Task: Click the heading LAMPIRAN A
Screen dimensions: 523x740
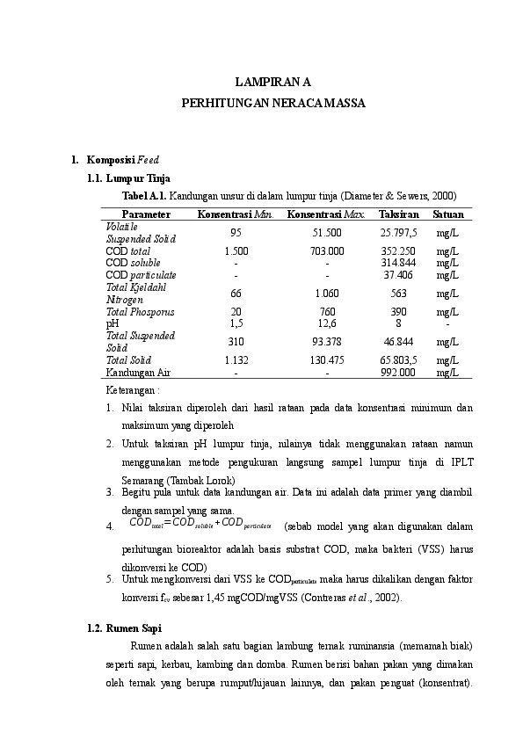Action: tap(273, 83)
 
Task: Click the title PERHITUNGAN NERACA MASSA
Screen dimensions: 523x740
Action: tap(273, 103)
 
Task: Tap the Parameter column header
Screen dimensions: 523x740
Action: tap(146, 214)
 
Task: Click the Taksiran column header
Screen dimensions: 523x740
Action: tap(398, 214)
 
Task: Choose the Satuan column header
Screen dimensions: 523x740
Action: tap(448, 214)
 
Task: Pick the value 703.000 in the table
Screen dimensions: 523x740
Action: tap(326, 250)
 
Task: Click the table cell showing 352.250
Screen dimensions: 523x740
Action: tap(398, 250)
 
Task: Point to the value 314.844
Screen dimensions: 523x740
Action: tap(398, 263)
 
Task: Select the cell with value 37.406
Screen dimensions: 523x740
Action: tap(398, 274)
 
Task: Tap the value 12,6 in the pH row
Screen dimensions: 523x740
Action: tap(326, 323)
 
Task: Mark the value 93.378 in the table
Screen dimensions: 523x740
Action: tap(326, 341)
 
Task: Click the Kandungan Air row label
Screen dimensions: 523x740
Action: tap(138, 372)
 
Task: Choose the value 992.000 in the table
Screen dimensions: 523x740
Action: tap(398, 372)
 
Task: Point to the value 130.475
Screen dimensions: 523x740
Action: tap(326, 360)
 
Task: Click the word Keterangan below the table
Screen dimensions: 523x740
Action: tap(133, 388)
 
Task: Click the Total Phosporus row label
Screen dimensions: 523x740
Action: tap(141, 311)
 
